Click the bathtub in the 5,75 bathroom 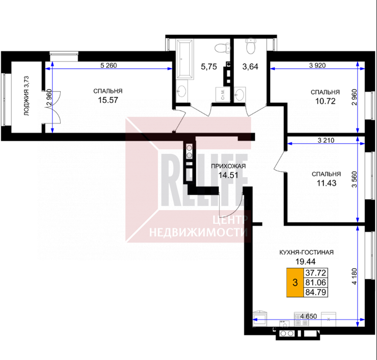pos(185,59)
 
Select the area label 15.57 pos(108,100)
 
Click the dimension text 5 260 pos(109,65)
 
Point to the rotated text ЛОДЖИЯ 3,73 pos(26,96)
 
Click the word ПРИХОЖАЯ pos(228,166)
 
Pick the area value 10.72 pos(325,101)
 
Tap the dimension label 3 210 pos(326,140)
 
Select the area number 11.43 pos(326,183)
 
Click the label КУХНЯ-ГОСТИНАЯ pos(306,252)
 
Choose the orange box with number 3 pos(295,282)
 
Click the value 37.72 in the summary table pos(315,273)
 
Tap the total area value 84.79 pos(315,292)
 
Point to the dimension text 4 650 pos(309,316)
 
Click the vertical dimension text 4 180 pos(354,276)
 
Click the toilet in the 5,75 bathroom pos(222,48)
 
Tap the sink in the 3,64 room pos(239,94)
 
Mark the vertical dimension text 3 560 pos(354,179)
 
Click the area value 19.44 pos(305,261)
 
